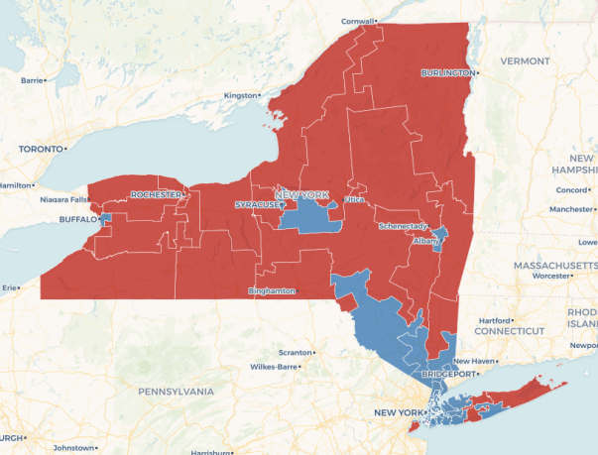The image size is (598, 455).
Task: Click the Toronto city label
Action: coord(40,149)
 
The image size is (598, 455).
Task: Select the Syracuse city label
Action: coord(256,204)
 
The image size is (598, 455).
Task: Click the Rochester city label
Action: coord(156,194)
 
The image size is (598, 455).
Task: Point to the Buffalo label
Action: coord(76,219)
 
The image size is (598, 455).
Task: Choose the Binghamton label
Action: coord(271,290)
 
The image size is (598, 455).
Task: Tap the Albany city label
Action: coord(425,241)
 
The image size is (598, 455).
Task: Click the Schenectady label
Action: coord(402,226)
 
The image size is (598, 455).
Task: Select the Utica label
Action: coord(354,199)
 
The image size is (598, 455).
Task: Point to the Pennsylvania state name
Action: coord(176,392)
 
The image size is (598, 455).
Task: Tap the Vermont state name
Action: coord(524,60)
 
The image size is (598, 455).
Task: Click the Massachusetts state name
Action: coord(554,266)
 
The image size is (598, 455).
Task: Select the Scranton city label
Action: coord(294,352)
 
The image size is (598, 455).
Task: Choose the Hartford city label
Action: coord(493,320)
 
